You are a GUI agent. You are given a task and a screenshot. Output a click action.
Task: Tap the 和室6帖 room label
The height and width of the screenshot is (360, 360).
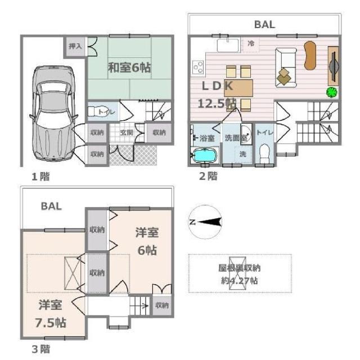click(129, 68)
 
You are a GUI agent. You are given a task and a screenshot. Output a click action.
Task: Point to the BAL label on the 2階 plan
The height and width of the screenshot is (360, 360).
click(264, 24)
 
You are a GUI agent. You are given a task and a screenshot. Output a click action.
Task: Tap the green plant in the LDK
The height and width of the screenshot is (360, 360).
click(331, 92)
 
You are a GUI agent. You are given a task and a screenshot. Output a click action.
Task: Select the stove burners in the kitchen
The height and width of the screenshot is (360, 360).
click(198, 67)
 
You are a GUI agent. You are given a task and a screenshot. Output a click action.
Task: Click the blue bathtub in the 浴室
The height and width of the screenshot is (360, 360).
click(204, 155)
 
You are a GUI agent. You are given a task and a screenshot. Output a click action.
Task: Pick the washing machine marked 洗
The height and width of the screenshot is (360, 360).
click(242, 154)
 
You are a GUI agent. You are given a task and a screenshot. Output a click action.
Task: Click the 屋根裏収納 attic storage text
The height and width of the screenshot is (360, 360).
click(240, 273)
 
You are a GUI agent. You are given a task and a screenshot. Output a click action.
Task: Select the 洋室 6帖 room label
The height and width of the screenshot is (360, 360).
click(146, 241)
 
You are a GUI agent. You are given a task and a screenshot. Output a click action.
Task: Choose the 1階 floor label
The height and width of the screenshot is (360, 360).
click(40, 177)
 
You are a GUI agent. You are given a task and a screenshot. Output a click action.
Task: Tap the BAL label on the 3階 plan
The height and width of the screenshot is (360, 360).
click(51, 206)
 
